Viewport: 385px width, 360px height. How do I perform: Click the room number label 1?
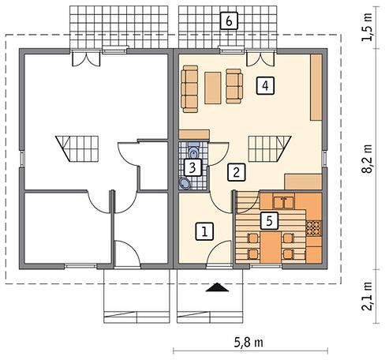coord(204,231)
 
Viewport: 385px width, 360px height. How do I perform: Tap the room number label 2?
coord(237,172)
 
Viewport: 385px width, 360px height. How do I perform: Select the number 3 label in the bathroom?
coord(192,167)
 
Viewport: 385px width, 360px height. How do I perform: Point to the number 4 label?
coord(265,85)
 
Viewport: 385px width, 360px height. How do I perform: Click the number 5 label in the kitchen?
coord(269,220)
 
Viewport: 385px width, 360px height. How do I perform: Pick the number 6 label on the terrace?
coord(229,21)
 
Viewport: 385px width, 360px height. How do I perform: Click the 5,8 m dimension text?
coord(249,343)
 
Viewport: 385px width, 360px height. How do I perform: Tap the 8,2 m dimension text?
coord(367,159)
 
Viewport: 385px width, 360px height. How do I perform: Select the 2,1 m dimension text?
coord(367,297)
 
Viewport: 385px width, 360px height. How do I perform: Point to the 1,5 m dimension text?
coord(367,27)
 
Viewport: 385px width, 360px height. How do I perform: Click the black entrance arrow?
coord(217,287)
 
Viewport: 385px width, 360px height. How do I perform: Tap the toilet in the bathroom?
coord(194,150)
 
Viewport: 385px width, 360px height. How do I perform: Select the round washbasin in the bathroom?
coord(185,183)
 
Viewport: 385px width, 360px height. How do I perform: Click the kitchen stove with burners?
coord(314,227)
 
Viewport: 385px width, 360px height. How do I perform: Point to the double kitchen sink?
coord(284,202)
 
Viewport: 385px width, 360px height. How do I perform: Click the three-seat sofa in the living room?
coord(189,89)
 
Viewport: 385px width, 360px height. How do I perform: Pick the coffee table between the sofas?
coord(213,88)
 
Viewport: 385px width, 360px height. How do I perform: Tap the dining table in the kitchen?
coord(271,247)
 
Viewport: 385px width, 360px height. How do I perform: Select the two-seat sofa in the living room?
coord(234,86)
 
